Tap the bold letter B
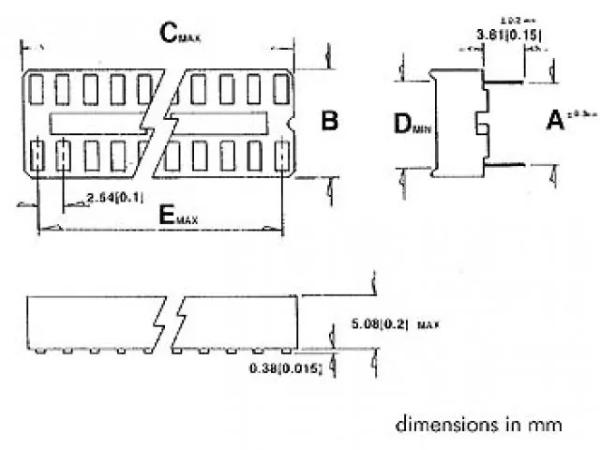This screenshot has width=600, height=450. click(329, 121)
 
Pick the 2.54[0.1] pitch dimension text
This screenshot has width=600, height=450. click(113, 197)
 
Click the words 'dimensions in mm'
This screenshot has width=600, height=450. click(478, 424)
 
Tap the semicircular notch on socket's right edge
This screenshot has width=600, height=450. click(292, 123)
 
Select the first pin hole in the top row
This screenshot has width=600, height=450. click(37, 88)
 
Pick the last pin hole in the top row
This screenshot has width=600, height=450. click(279, 88)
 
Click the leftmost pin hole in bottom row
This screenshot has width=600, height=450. click(37, 155)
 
